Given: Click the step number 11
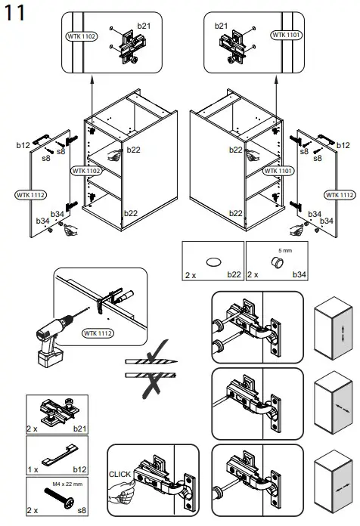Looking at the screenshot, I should tap(14, 14).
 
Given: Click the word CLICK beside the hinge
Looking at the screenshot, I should tap(120, 474).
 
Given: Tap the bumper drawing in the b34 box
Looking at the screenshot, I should tap(277, 261).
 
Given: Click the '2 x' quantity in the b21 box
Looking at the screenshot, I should tap(33, 429).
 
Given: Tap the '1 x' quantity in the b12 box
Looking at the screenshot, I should tap(33, 469).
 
